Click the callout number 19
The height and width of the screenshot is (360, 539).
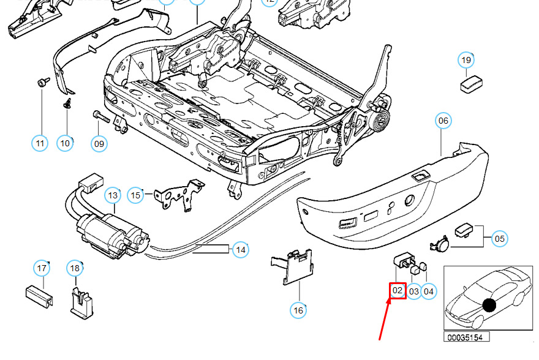pyautogui.click(x=466, y=60)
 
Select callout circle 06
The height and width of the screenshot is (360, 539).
pyautogui.click(x=443, y=121)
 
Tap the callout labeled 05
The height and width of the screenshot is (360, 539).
pyautogui.click(x=500, y=238)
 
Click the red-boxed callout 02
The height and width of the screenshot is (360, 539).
pyautogui.click(x=398, y=290)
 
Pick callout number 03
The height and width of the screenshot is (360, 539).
pyautogui.click(x=414, y=291)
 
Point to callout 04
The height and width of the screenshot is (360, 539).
pyautogui.click(x=429, y=291)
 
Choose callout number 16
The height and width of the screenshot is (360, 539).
pyautogui.click(x=298, y=310)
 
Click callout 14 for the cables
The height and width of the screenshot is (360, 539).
pyautogui.click(x=241, y=249)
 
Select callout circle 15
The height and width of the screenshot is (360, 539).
pyautogui.click(x=135, y=195)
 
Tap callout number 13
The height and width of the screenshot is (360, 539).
pyautogui.click(x=112, y=195)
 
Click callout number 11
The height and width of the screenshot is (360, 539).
pyautogui.click(x=40, y=144)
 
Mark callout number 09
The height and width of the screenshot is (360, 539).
pyautogui.click(x=99, y=144)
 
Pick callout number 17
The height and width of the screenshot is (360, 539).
pyautogui.click(x=41, y=268)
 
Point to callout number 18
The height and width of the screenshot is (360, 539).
pyautogui.click(x=74, y=268)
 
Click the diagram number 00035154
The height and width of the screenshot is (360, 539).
pyautogui.click(x=467, y=337)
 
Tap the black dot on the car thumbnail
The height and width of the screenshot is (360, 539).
pyautogui.click(x=488, y=305)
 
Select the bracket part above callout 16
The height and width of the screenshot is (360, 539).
pyautogui.click(x=292, y=266)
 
